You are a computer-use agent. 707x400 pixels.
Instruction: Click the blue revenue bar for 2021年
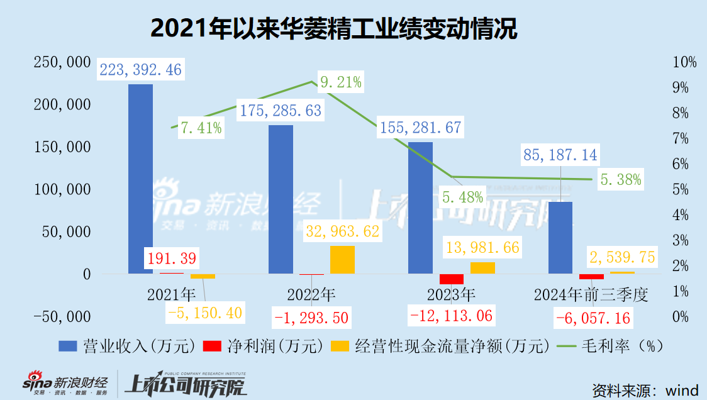tap(140, 179)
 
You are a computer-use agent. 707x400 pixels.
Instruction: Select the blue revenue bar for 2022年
tap(281, 199)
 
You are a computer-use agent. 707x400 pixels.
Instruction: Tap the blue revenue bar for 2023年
tap(421, 208)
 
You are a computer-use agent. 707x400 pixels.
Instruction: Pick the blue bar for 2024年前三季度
tap(560, 238)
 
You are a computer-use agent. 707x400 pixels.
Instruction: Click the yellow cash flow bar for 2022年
tap(342, 260)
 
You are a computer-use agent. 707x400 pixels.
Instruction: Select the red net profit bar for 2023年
tap(451, 279)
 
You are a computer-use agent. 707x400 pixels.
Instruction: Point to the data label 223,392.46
tap(140, 69)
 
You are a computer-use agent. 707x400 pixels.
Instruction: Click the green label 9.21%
tap(340, 82)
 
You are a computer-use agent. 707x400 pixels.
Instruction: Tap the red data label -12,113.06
tap(451, 314)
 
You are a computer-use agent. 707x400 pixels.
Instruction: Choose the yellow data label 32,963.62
tap(342, 231)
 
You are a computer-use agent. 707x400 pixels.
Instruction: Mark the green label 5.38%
tap(620, 180)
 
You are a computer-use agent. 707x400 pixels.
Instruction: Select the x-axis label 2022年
tap(311, 294)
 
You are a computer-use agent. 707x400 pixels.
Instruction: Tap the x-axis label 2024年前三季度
tap(591, 294)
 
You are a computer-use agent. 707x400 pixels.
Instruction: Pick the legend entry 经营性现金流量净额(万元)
tap(441, 346)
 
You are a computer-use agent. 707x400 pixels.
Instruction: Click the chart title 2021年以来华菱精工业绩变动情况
tap(334, 29)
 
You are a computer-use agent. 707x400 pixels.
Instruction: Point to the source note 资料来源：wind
tap(644, 387)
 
